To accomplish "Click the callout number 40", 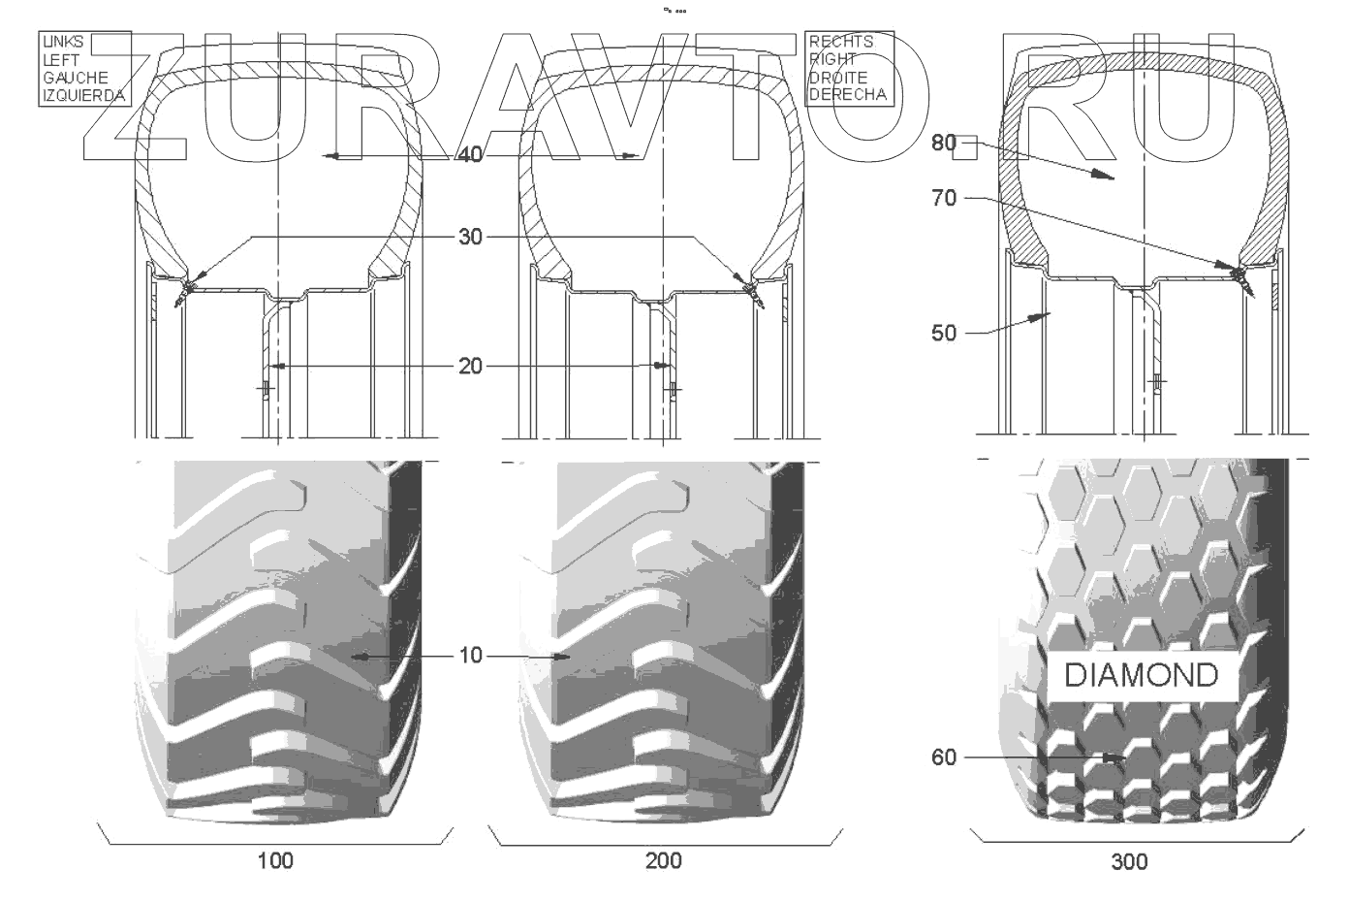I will click(469, 155).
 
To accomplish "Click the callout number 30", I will click(469, 237).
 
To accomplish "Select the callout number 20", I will click(469, 366).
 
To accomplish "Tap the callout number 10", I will click(469, 657).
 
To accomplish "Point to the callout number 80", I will click(943, 143).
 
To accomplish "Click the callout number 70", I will click(943, 199).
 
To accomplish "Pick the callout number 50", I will click(943, 334).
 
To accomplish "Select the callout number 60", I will click(943, 757).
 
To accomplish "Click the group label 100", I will click(275, 861).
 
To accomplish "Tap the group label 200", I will click(663, 861).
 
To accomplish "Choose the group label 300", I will click(1129, 861).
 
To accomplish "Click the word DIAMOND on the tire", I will click(1141, 675).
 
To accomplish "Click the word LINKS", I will click(63, 42).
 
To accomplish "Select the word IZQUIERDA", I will click(83, 95).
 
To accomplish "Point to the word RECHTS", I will click(840, 42).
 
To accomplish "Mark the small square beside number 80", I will click(968, 147).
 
